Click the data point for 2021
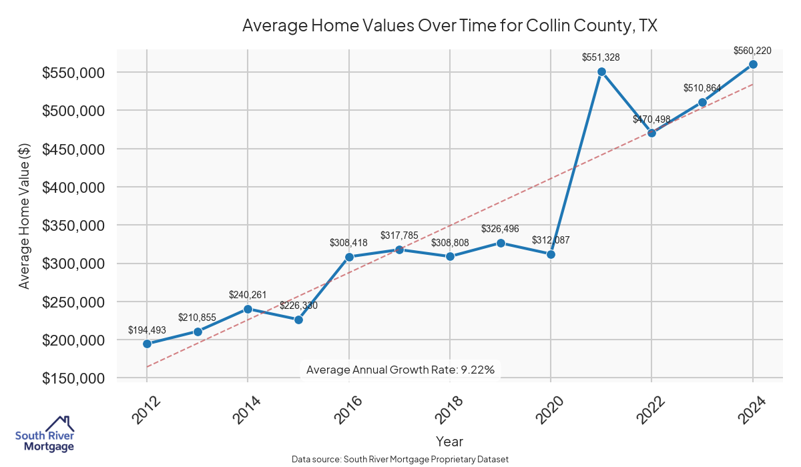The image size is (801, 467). click(601, 71)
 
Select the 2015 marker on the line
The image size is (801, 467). click(298, 320)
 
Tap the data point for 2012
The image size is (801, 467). click(147, 344)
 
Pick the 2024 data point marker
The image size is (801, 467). click(753, 64)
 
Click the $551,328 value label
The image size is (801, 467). click(601, 57)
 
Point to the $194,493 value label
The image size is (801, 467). click(147, 330)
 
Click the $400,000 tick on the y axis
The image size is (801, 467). click(73, 187)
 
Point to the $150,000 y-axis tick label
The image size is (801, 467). click(73, 378)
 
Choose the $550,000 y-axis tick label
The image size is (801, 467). click(73, 73)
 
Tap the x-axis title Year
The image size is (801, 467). click(449, 442)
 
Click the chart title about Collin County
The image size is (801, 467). click(450, 26)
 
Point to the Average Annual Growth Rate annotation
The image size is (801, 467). click(400, 370)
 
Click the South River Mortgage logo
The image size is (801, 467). click(45, 434)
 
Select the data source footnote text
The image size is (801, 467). click(400, 460)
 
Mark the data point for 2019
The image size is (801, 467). click(501, 243)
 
